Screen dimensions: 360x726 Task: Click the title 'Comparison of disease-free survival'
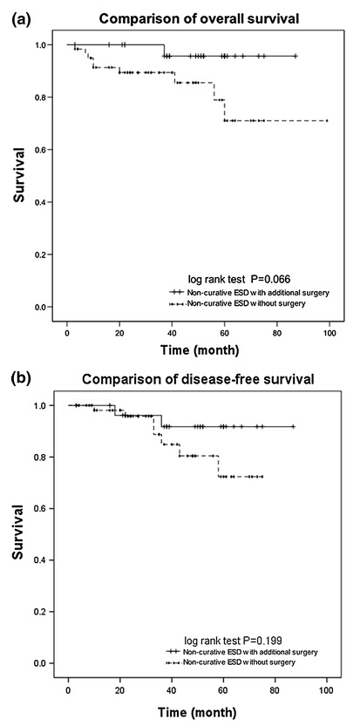[198, 379]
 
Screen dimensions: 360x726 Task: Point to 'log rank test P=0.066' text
[239, 279]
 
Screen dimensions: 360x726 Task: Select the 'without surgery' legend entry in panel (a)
[238, 303]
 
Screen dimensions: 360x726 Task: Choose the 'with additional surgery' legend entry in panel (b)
[241, 652]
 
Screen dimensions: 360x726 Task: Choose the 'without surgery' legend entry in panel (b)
[231, 662]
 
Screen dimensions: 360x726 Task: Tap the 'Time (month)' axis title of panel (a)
[200, 350]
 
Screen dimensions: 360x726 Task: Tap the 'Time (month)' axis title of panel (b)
[198, 710]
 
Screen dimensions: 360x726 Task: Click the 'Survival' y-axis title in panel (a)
[17, 175]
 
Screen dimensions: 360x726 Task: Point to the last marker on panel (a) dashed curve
[327, 120]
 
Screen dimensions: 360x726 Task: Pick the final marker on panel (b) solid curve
[293, 426]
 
